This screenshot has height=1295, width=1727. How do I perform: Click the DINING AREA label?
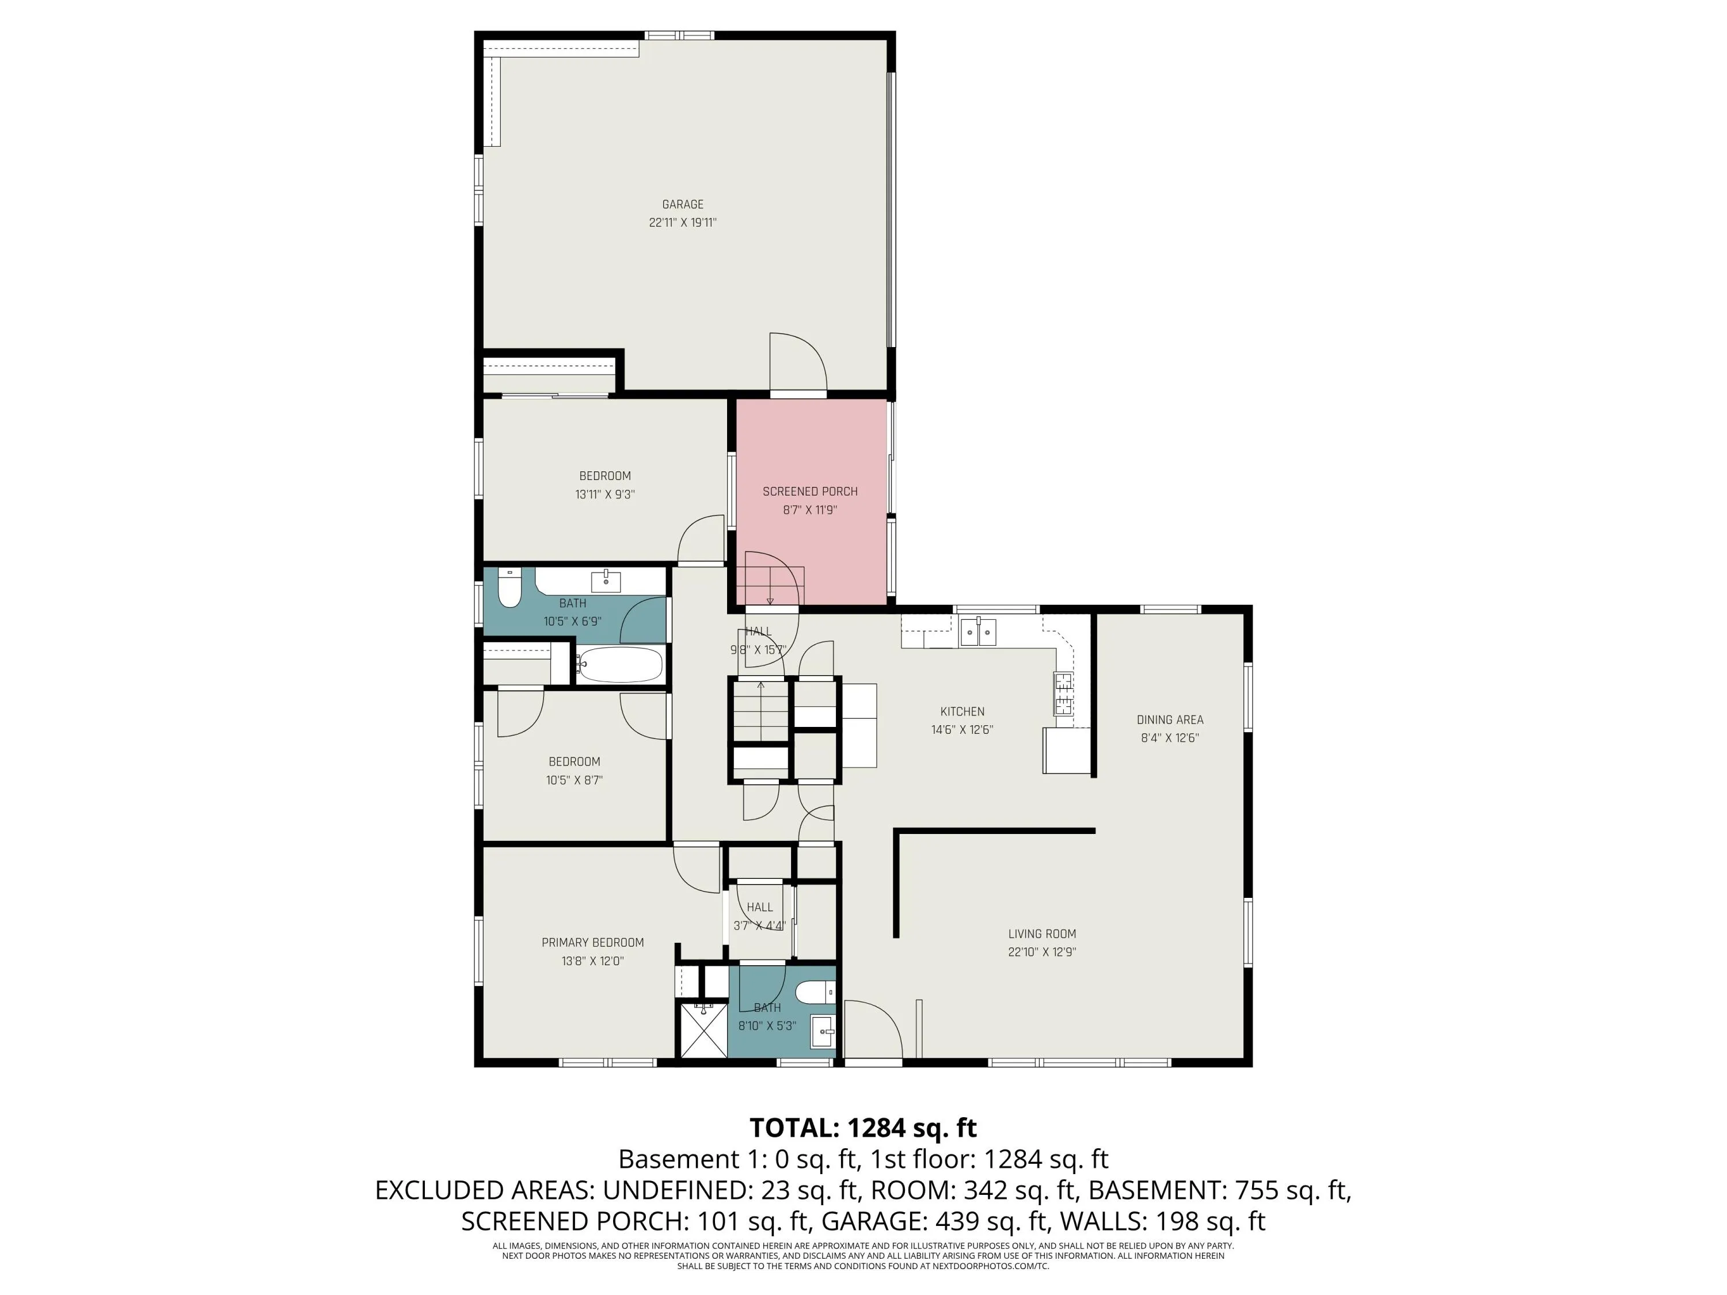coord(1170,719)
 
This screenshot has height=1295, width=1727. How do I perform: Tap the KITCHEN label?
coord(962,712)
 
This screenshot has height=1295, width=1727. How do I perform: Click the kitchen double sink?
coord(978,631)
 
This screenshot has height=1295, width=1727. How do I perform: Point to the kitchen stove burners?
coord(1063,694)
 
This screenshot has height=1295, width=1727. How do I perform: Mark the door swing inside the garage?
coord(798,361)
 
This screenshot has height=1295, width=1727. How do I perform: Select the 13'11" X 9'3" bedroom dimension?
coord(604,494)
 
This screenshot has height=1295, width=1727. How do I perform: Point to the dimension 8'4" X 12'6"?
coord(1170,738)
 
